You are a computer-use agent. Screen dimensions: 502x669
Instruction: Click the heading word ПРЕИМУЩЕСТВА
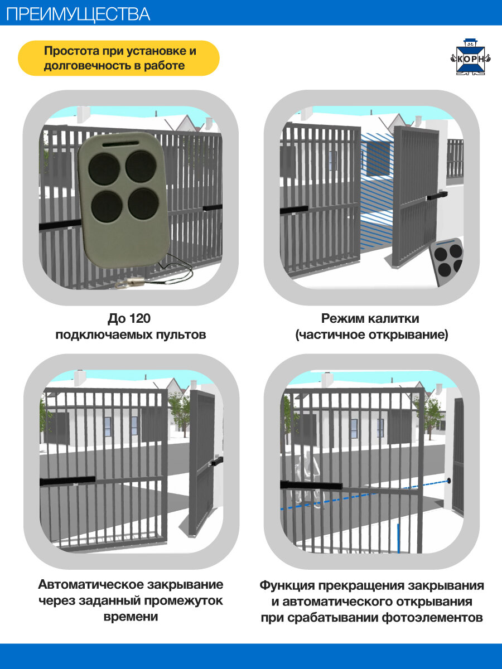(x=78, y=13)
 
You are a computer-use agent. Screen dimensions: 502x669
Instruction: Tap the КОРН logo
(x=469, y=56)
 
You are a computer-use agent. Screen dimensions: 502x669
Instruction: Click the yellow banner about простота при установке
(x=118, y=58)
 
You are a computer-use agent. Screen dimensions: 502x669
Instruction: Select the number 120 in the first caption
(x=140, y=319)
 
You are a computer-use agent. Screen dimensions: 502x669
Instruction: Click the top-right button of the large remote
(x=140, y=166)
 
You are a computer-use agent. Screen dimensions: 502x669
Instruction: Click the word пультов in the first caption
(x=180, y=335)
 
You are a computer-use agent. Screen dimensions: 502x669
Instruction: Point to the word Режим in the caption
(x=342, y=319)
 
